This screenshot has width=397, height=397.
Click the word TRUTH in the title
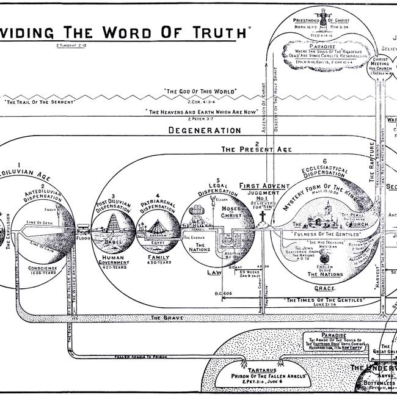[x=213, y=31]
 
